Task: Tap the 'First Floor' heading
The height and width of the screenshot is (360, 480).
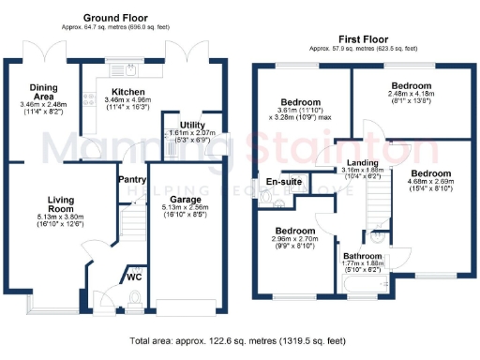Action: [363, 41]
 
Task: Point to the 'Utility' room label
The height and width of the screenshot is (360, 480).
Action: [193, 125]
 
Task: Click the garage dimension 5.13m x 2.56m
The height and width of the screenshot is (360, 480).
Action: [190, 213]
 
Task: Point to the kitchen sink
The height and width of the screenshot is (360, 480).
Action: [126, 68]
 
